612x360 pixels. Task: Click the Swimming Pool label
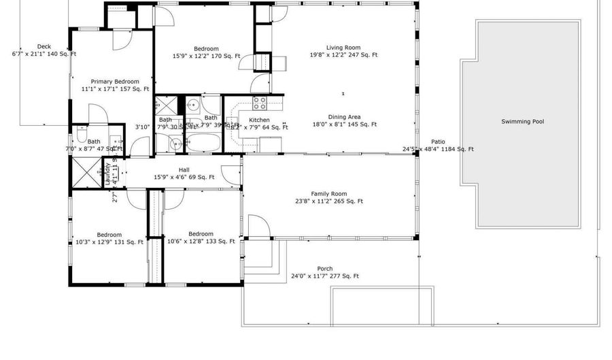click(x=522, y=122)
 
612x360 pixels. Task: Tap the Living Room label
click(x=343, y=48)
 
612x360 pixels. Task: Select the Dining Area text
click(x=343, y=116)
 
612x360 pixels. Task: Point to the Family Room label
click(x=329, y=194)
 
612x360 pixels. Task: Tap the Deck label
click(x=44, y=46)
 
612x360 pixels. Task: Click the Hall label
click(x=184, y=170)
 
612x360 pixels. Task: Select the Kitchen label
click(x=250, y=120)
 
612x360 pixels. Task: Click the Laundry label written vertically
click(x=107, y=174)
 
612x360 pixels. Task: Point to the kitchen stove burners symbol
click(x=260, y=103)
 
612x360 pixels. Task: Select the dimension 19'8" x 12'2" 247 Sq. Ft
click(x=343, y=55)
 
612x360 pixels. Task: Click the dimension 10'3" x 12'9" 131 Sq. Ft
click(x=109, y=242)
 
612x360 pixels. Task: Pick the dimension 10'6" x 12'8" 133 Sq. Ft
click(x=201, y=241)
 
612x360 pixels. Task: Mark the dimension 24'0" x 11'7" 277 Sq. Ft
click(x=325, y=276)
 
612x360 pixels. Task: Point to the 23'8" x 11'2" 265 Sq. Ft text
click(x=329, y=201)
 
